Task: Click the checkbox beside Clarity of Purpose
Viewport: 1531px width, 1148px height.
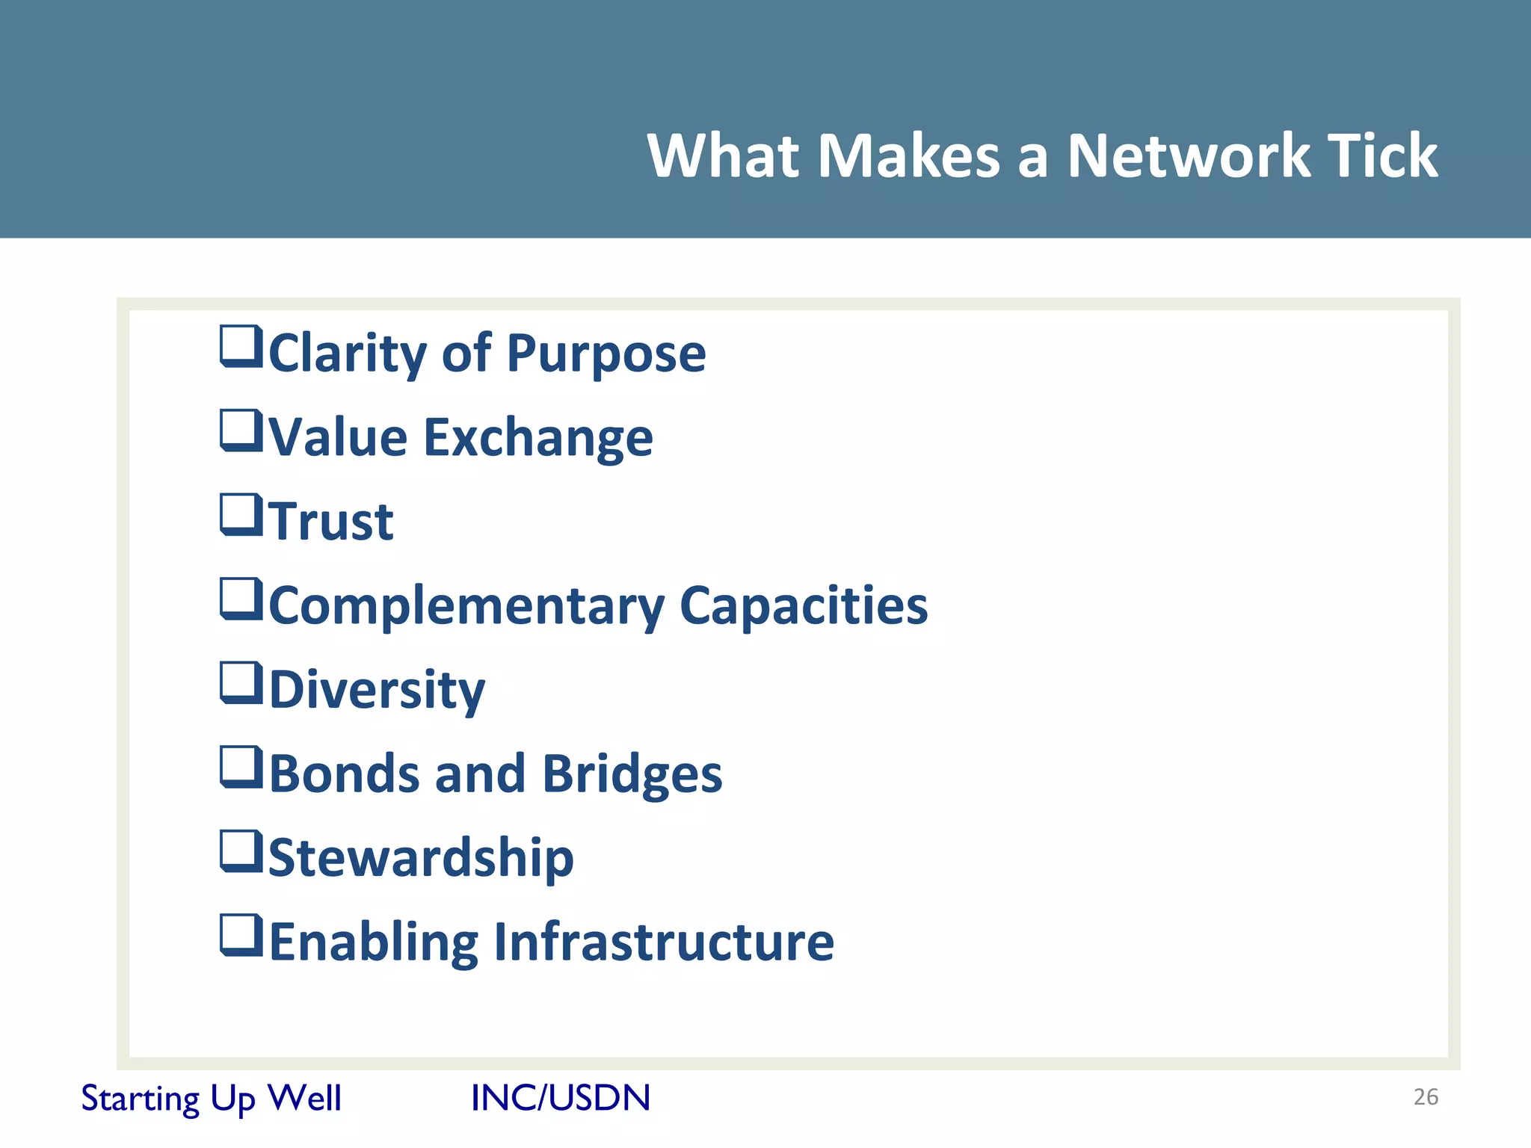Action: (x=241, y=347)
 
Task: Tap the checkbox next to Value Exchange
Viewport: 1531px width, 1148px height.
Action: (x=241, y=431)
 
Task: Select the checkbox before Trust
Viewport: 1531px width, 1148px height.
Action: (x=241, y=515)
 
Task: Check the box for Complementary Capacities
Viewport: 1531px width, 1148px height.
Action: (x=241, y=599)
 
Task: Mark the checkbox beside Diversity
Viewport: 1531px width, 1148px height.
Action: (x=241, y=683)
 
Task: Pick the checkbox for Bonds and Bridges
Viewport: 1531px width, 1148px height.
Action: (x=241, y=768)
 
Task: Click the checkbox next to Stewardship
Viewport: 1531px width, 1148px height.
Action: (x=241, y=852)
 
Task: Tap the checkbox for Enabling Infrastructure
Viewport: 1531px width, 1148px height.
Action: (x=241, y=936)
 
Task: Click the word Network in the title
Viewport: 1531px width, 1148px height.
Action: (x=1189, y=155)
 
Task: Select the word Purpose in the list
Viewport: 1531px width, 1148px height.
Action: (x=606, y=354)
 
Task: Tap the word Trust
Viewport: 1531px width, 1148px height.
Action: (x=331, y=522)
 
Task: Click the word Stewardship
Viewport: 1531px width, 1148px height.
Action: (x=421, y=858)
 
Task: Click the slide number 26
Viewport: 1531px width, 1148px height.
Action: (x=1426, y=1097)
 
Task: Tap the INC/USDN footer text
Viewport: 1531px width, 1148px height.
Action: (x=561, y=1098)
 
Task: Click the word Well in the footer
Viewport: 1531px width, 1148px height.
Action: (x=304, y=1098)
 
